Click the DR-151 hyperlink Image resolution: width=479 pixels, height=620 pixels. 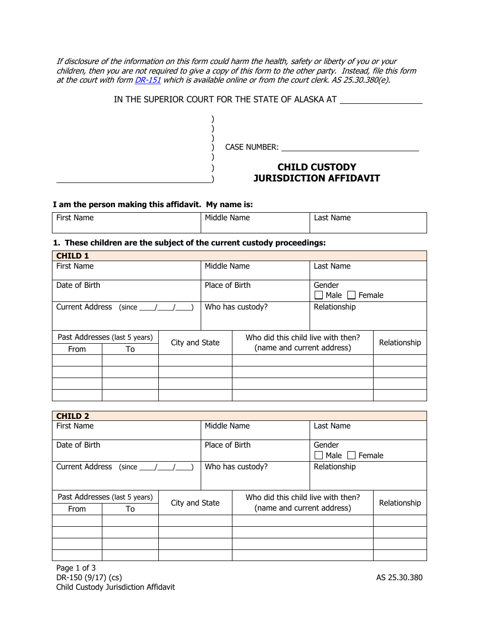click(148, 80)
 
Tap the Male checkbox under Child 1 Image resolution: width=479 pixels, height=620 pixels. click(319, 295)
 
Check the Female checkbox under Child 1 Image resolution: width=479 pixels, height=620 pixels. click(351, 295)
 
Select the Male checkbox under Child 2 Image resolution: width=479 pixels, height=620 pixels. click(319, 456)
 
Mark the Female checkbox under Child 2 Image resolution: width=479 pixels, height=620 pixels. click(351, 456)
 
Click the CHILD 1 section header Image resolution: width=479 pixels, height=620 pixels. click(73, 256)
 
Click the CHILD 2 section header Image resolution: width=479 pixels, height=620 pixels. click(73, 416)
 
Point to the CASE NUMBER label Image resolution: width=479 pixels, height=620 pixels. click(252, 147)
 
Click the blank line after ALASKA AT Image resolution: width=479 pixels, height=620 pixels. click(381, 100)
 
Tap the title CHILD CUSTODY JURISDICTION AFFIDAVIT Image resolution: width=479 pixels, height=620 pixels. click(317, 172)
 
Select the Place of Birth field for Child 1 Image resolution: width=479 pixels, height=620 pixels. click(255, 291)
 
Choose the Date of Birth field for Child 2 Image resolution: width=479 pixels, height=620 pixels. click(126, 451)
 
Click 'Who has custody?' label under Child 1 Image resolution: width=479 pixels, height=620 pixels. click(236, 307)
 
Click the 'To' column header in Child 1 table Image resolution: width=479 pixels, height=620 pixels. click(130, 349)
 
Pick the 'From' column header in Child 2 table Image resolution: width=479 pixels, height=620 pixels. click(77, 509)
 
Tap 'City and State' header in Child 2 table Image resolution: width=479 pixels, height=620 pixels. click(195, 503)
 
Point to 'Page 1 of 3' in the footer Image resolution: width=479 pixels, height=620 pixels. click(76, 568)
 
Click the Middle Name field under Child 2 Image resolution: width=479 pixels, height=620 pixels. click(255, 431)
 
